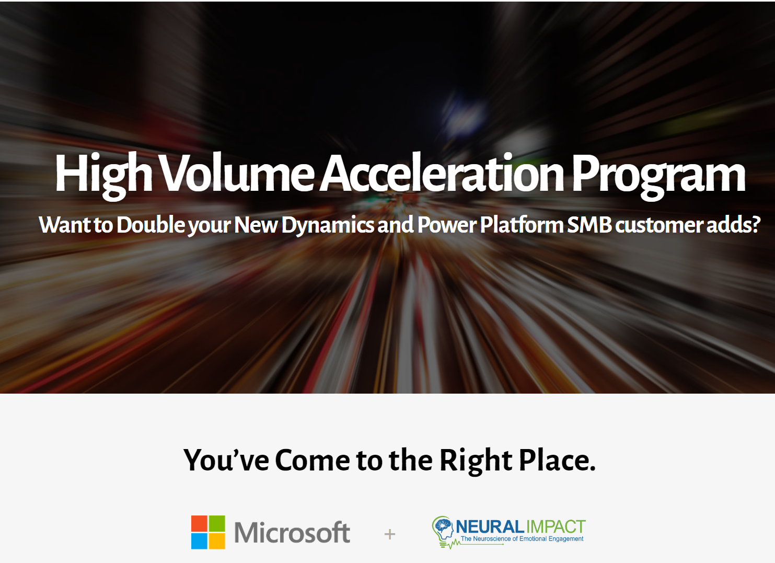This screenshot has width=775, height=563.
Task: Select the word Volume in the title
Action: [x=238, y=173]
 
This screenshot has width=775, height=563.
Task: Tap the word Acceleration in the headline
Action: [x=442, y=173]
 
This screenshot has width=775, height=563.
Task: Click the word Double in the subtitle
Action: [x=151, y=225]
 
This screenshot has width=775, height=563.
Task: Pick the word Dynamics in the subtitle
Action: [x=328, y=225]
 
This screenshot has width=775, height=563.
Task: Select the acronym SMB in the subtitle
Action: [x=589, y=225]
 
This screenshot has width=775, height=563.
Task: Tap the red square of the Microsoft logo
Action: [x=199, y=524]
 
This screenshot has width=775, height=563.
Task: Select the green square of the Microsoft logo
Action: [x=217, y=524]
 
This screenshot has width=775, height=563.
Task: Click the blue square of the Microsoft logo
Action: [x=199, y=541]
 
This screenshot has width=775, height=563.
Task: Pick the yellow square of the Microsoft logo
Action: [x=217, y=541]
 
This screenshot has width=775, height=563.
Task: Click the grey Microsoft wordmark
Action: [x=292, y=532]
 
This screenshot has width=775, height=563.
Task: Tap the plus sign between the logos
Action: [x=389, y=534]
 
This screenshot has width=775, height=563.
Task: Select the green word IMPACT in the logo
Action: [x=556, y=527]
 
